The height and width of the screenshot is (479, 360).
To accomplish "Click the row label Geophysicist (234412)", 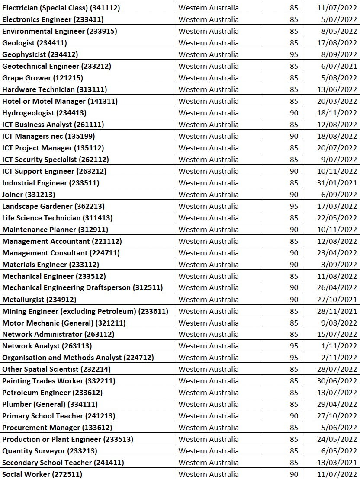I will pyautogui.click(x=40, y=54).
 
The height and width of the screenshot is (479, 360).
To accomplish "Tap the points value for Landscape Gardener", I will pyautogui.click(x=294, y=206).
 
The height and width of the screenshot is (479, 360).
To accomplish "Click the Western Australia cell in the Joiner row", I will pyautogui.click(x=209, y=195).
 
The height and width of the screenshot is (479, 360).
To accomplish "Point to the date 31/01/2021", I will pyautogui.click(x=337, y=183).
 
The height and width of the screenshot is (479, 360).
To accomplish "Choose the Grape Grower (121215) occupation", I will pyautogui.click(x=43, y=78).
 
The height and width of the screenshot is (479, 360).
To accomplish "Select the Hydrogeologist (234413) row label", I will pyautogui.click(x=45, y=113).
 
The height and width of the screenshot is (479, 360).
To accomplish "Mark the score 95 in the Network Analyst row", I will pyautogui.click(x=294, y=346).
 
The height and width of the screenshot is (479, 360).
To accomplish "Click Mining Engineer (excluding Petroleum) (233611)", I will pyautogui.click(x=85, y=311).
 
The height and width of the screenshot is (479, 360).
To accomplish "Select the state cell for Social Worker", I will pyautogui.click(x=209, y=474).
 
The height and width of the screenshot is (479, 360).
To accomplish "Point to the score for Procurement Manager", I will pyautogui.click(x=294, y=428).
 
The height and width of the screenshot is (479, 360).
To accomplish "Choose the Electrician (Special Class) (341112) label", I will pyautogui.click(x=61, y=8).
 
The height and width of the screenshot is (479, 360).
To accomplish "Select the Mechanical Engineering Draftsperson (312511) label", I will pyautogui.click(x=83, y=287).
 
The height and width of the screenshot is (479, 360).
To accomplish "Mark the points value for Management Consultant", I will pyautogui.click(x=294, y=253).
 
